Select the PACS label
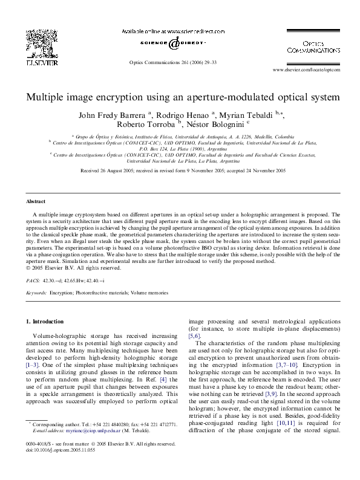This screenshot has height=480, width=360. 33,281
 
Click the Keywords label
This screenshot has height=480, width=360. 37,293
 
